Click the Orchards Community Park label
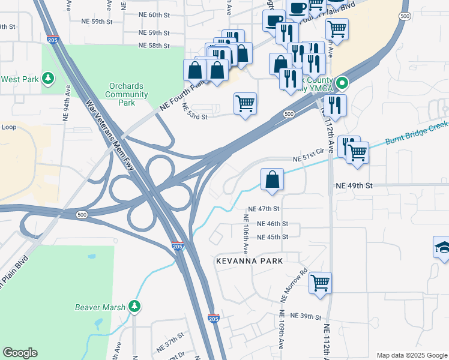(126, 94)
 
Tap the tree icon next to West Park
(48, 79)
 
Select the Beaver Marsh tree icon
(135, 307)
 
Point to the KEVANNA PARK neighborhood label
(249, 260)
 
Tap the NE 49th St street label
(354, 186)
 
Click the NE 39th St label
(307, 316)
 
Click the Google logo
(20, 353)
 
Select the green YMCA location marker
(342, 83)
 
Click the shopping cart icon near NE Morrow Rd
(320, 281)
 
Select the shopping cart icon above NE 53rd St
(245, 103)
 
